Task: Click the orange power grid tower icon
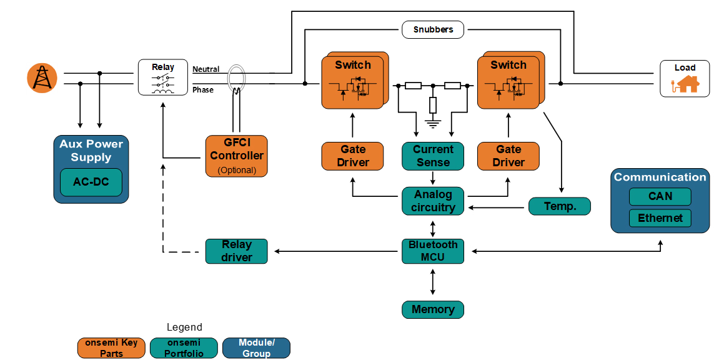click(x=42, y=78)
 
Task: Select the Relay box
click(x=163, y=77)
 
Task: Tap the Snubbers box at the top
click(x=432, y=29)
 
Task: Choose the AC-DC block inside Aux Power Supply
click(x=91, y=182)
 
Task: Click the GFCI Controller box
click(x=237, y=156)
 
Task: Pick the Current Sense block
click(x=433, y=156)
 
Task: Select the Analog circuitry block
click(x=433, y=201)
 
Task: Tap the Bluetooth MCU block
click(x=433, y=251)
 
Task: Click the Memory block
click(x=433, y=309)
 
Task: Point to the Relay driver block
click(x=237, y=251)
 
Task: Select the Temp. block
click(x=560, y=206)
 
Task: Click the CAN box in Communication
click(x=660, y=196)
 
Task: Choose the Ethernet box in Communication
click(x=660, y=218)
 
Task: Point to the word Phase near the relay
click(x=203, y=90)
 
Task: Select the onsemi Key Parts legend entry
click(x=111, y=348)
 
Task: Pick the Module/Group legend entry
click(x=256, y=348)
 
